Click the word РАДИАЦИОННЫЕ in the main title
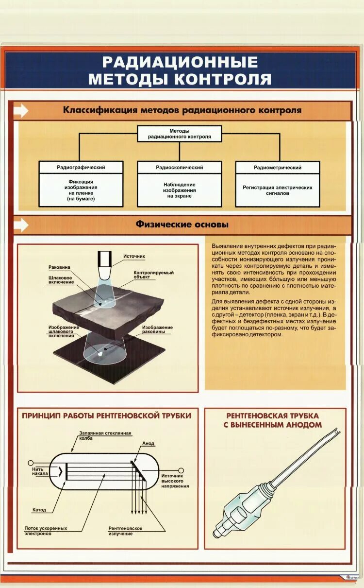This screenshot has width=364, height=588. (180, 62)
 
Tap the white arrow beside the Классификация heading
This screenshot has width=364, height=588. (20, 111)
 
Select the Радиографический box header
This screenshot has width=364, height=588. (81, 167)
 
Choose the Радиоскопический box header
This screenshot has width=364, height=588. (180, 167)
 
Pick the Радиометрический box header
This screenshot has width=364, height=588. (278, 167)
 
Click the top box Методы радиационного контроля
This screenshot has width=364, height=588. (180, 134)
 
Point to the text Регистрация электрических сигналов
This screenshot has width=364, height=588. (278, 190)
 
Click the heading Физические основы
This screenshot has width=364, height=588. (182, 225)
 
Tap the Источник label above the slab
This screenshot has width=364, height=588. (134, 256)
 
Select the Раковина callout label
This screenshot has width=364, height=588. (59, 267)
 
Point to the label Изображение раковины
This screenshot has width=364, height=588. (157, 330)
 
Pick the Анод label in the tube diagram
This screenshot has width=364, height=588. (148, 444)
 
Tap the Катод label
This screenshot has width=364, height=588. (39, 510)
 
